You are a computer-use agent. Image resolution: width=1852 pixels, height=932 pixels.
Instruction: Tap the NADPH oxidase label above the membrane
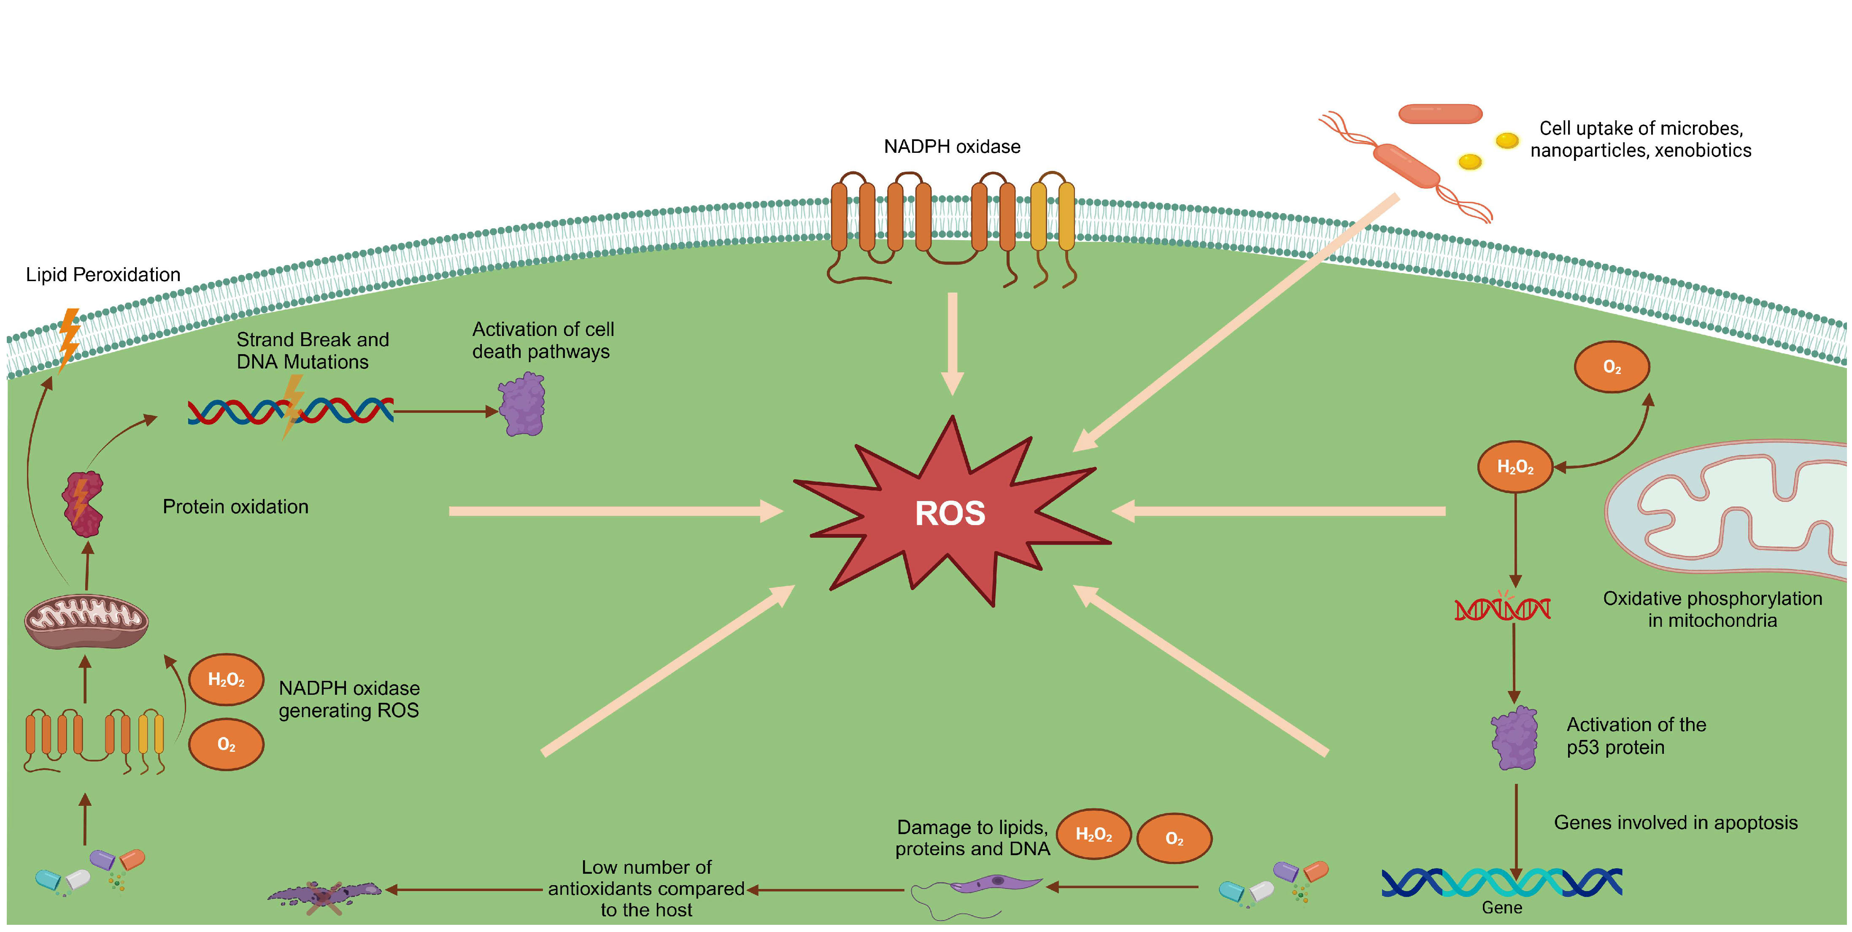[x=952, y=147]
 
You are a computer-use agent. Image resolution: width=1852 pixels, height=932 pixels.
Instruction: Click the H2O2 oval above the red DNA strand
[x=1515, y=467]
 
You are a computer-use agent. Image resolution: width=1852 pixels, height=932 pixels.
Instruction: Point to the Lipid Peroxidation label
[x=103, y=275]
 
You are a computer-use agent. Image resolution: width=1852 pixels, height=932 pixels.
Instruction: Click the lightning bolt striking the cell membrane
[x=69, y=338]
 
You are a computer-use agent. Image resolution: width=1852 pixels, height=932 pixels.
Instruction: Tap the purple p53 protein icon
[x=1515, y=738]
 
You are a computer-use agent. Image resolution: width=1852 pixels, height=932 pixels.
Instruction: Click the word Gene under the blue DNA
[x=1502, y=908]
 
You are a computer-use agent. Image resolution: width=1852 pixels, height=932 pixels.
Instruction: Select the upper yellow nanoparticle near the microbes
[x=1507, y=140]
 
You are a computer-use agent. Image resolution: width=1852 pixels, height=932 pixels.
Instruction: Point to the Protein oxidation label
[x=235, y=507]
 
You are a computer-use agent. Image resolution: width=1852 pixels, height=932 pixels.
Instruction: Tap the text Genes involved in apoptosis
[x=1675, y=823]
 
